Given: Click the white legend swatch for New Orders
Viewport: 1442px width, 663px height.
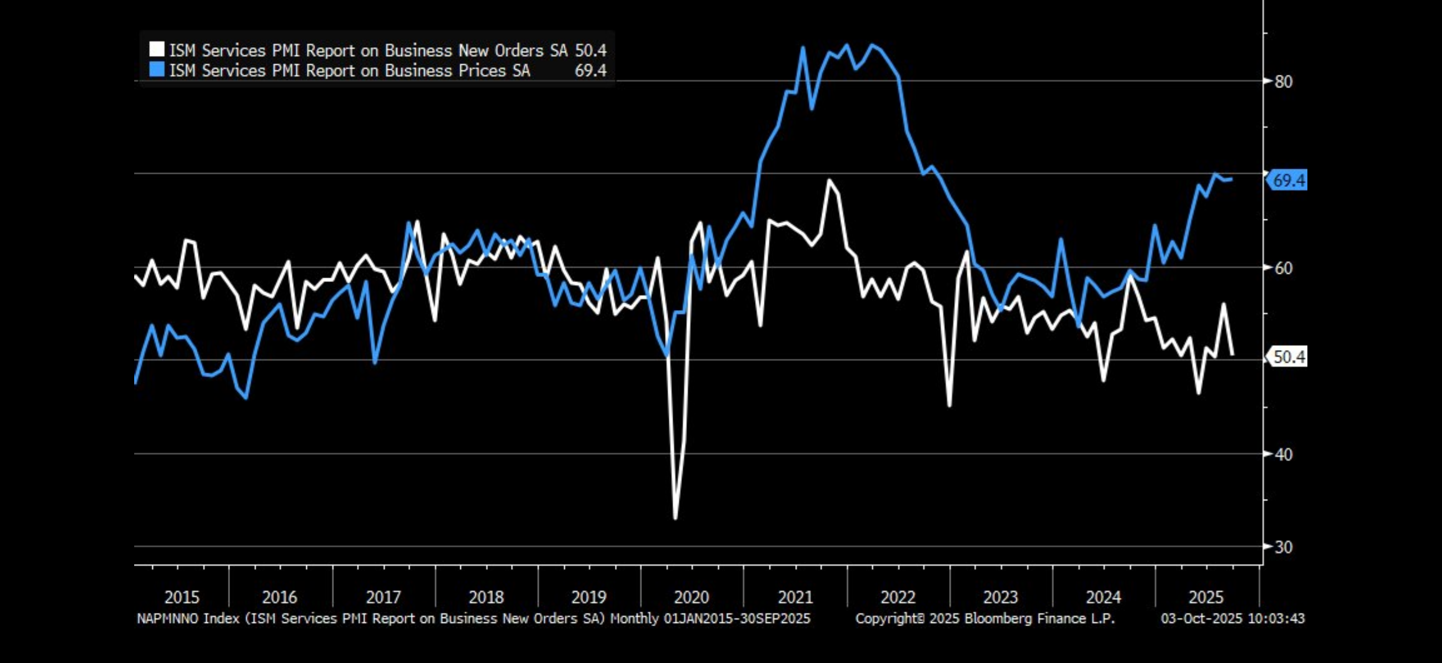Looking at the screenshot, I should (157, 50).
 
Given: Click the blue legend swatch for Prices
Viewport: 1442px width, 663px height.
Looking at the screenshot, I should (157, 70).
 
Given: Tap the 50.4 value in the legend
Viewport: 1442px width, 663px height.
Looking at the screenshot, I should (591, 51).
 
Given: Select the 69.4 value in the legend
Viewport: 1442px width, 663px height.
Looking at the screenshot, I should (591, 70).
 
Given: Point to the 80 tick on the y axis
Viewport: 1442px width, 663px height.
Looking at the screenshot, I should (1284, 82).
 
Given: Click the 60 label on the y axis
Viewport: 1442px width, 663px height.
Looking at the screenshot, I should (1284, 268).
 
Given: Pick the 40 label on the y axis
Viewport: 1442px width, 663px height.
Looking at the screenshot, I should (1284, 454).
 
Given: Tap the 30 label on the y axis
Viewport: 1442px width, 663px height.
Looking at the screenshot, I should (1284, 546).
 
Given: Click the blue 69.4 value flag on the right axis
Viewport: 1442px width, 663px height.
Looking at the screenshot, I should (1288, 180).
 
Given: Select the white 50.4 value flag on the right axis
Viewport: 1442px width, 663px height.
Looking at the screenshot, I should (1288, 356).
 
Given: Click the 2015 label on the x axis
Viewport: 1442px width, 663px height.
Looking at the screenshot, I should (181, 597).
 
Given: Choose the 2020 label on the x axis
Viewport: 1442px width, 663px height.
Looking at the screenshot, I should (691, 597).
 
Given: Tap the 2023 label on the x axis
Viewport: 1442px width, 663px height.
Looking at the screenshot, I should (1000, 597).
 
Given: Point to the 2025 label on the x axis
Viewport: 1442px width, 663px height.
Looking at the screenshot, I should (1206, 597).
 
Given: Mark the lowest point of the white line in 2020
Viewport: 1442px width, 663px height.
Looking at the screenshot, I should (675, 518).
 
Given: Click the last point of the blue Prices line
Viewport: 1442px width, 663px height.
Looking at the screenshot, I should (1231, 179).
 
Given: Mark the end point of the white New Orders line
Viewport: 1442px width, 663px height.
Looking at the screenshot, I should (1232, 354).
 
